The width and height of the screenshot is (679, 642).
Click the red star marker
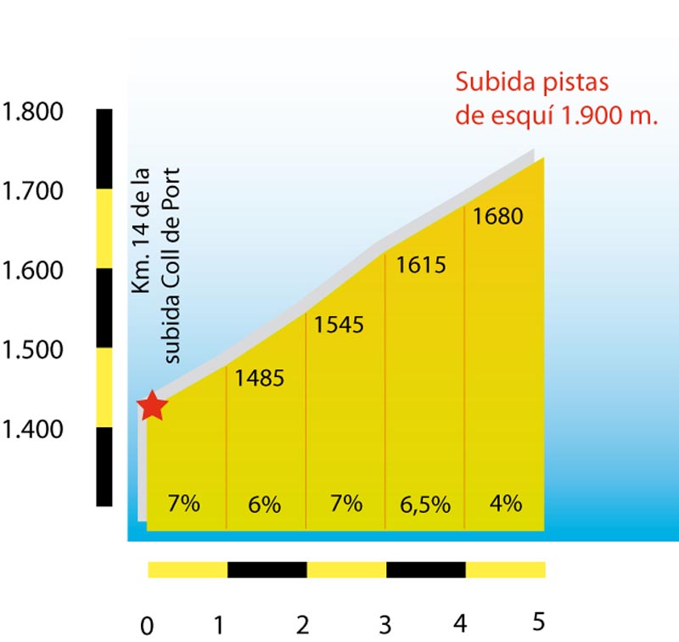pos(152,406)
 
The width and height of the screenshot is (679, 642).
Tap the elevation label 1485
pos(259,379)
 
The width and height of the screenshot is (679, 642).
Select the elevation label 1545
pos(339,324)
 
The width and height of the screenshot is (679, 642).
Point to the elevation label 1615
pos(421,265)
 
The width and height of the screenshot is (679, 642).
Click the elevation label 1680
pos(498,217)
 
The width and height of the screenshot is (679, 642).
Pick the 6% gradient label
pos(265,504)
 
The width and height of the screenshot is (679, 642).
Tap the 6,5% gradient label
pos(424,504)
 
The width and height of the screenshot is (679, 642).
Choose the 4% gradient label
pos(506,503)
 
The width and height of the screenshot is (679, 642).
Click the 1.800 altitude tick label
pos(33,112)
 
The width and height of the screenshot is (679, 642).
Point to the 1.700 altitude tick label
pos(33,192)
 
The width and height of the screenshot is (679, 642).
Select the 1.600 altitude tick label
pos(33,271)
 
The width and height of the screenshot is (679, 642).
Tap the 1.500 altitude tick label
pos(33,350)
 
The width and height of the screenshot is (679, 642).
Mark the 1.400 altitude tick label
pos(33,430)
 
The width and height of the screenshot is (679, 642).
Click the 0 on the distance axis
pos(147,628)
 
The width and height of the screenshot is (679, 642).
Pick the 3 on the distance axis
pos(384,626)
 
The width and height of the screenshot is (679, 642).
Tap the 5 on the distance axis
pos(538,621)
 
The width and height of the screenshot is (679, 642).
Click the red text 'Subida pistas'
pos(533,83)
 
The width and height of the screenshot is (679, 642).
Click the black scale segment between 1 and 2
pos(267,569)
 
